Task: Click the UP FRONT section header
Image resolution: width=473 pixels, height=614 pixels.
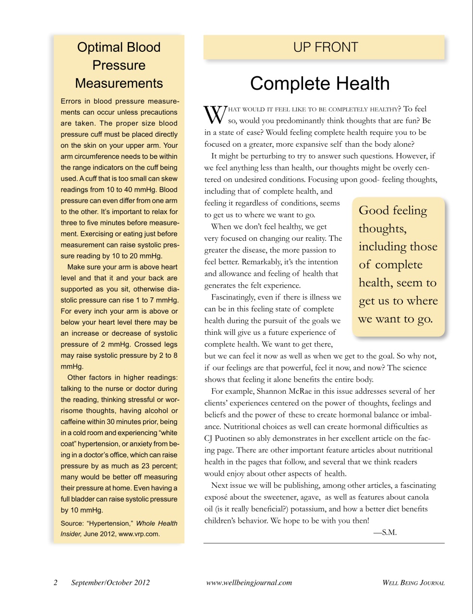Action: point(325,47)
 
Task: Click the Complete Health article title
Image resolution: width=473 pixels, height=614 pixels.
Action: point(319,83)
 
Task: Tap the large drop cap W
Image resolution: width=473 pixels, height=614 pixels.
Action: point(215,115)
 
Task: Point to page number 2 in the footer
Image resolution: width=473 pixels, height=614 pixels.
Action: point(56,583)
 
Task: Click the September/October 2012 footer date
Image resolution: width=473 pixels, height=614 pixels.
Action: point(110,583)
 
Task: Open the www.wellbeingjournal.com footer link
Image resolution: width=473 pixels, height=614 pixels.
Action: point(249,583)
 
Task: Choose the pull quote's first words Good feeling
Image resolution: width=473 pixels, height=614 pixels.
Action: point(392,211)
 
